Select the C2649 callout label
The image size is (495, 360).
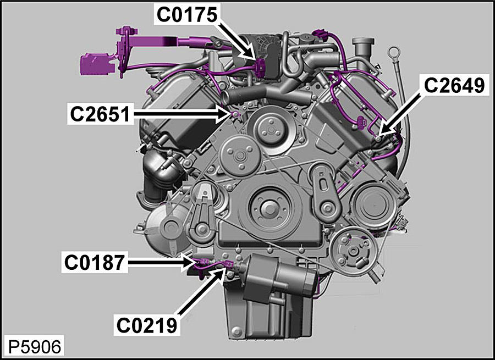point(454,86)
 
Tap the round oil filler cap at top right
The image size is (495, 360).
point(364,45)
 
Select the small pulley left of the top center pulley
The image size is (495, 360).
point(237,156)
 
